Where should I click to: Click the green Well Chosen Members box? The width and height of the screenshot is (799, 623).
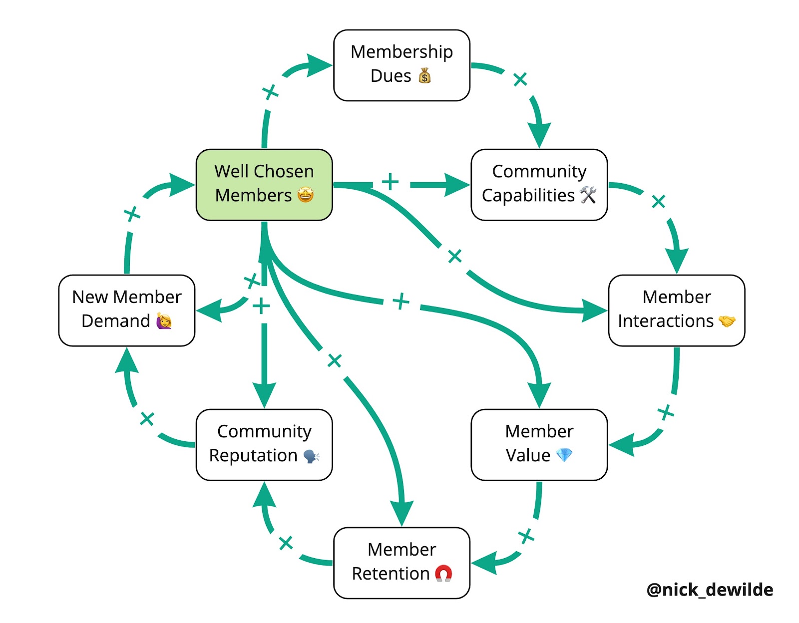pos(264,184)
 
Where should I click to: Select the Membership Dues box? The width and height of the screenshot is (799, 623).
pos(401,65)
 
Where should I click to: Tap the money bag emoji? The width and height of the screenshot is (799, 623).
pos(424,76)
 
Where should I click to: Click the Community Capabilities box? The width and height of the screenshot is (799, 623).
pos(539,184)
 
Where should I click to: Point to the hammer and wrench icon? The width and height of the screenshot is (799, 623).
pos(588,195)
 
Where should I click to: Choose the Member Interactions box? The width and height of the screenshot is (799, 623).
pos(676,310)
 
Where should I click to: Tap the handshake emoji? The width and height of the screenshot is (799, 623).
pos(727,321)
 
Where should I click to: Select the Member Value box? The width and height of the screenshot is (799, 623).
pos(539,444)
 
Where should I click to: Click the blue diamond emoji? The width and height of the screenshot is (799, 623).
pos(564,455)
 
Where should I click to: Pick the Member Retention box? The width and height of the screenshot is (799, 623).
pos(401,563)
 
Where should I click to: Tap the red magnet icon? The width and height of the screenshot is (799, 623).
pos(443,573)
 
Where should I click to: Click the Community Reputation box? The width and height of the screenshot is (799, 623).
pos(264,444)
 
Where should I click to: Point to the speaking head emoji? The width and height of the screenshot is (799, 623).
pos(311,456)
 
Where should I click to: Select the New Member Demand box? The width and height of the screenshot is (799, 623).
pos(127,310)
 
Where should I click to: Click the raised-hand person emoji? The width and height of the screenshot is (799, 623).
pos(164,321)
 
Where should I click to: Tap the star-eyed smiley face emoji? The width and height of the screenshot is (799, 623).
pos(305,195)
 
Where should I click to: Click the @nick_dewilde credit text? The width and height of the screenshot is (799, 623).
pos(710,590)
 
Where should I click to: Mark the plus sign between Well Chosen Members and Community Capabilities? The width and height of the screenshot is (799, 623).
pos(390,182)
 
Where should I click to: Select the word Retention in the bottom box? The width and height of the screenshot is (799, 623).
pos(391,574)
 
